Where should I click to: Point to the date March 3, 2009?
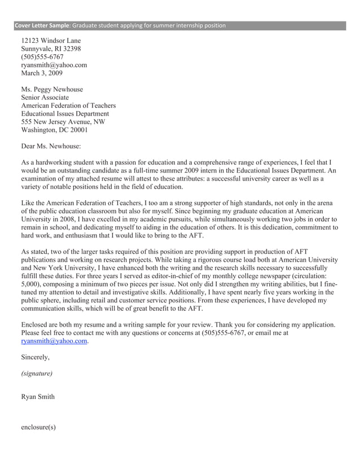point(42,73)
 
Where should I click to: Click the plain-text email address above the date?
point(54,65)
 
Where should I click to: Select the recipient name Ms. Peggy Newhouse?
point(51,90)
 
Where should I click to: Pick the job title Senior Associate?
point(45,98)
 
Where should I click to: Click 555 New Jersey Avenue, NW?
point(63,121)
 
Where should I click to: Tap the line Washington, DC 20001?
point(54,129)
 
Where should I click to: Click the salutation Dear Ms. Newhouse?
point(51,146)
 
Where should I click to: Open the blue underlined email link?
point(54,341)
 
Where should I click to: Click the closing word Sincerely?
point(36,357)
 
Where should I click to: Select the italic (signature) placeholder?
point(37,373)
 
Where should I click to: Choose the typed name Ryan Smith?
point(38,397)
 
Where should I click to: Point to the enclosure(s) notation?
point(38,427)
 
